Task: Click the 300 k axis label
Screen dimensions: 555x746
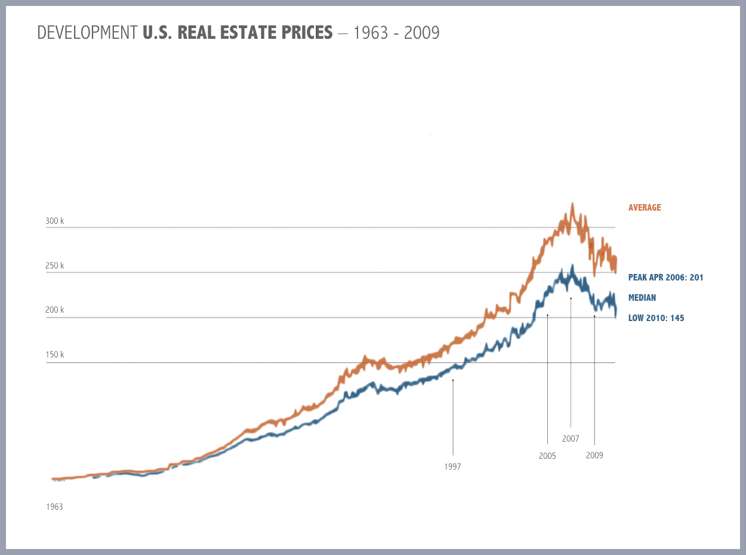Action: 54,221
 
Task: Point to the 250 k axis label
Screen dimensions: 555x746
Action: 54,266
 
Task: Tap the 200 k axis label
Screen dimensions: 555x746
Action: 54,310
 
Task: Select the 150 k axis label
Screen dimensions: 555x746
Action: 54,354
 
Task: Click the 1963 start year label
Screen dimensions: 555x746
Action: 54,507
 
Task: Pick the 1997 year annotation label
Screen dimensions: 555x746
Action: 453,466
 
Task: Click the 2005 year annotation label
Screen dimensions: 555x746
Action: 547,456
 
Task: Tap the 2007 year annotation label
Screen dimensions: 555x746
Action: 571,439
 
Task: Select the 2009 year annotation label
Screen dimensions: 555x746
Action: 594,455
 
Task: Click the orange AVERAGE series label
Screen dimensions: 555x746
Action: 645,208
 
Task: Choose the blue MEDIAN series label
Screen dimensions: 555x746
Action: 642,297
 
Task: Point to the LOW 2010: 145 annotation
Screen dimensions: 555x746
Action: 656,318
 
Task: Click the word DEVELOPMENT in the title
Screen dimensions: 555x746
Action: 87,33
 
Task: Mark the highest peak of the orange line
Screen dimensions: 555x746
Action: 572,203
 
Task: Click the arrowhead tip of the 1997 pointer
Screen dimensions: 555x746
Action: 453,379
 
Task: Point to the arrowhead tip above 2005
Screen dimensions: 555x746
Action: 547,314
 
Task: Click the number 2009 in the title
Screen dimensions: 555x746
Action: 422,33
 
